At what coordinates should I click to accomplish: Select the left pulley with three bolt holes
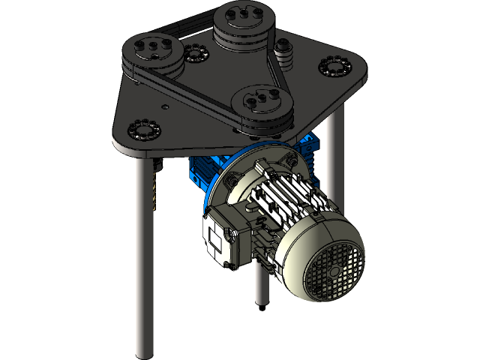point(153,52)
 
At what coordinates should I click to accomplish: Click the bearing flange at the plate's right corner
point(335,67)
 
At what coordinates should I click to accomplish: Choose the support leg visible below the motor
point(261,281)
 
